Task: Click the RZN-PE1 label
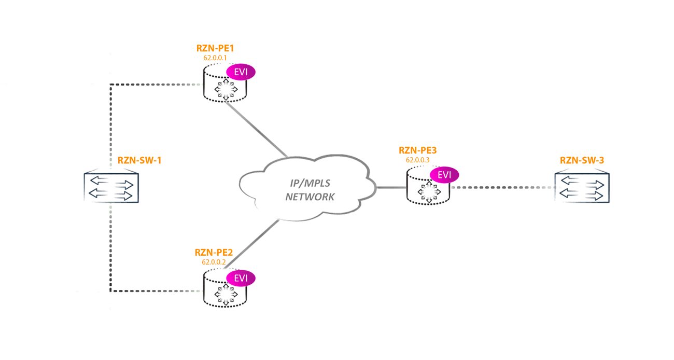pyautogui.click(x=215, y=48)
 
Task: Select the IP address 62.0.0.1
pyautogui.click(x=215, y=58)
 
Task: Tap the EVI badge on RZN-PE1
pyautogui.click(x=241, y=72)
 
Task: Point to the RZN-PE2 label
pyautogui.click(x=214, y=253)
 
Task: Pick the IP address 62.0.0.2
pyautogui.click(x=214, y=262)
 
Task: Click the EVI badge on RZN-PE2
pyautogui.click(x=241, y=278)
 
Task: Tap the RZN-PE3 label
pyautogui.click(x=417, y=150)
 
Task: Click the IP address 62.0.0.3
pyautogui.click(x=417, y=160)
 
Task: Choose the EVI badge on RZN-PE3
pyautogui.click(x=444, y=175)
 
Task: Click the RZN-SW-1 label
pyautogui.click(x=139, y=160)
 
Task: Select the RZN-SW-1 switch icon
pyautogui.click(x=111, y=187)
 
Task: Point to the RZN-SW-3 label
pyautogui.click(x=582, y=160)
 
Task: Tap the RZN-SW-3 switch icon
pyautogui.click(x=582, y=187)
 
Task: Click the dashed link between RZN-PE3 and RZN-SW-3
pyautogui.click(x=500, y=187)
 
